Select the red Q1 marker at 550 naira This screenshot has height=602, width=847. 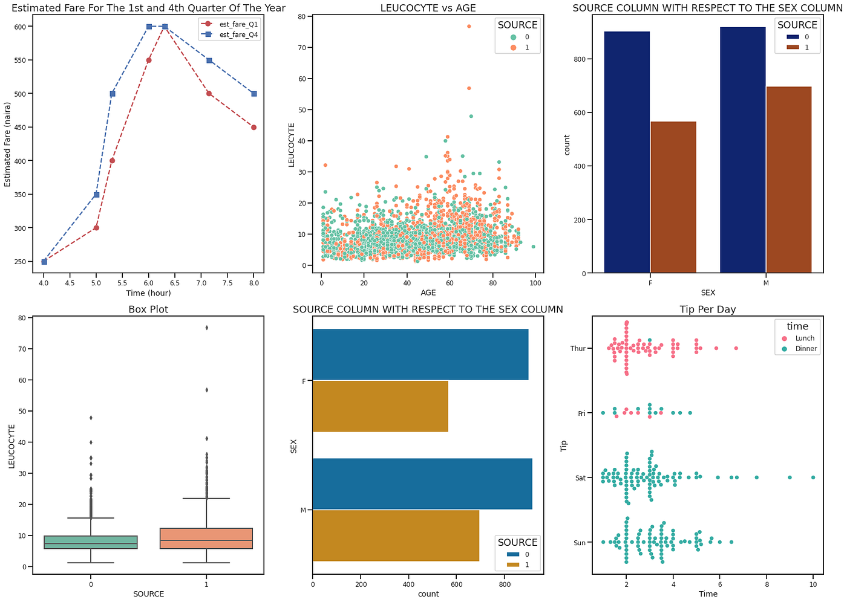[149, 60]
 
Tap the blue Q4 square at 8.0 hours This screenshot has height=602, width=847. [254, 94]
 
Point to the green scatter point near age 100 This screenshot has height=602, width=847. [533, 247]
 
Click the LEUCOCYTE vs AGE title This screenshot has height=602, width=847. [428, 8]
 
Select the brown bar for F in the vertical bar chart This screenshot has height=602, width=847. [673, 197]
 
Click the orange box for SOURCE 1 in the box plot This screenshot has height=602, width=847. [206, 539]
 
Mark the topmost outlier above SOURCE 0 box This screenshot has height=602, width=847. [91, 418]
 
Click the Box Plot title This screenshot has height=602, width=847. [148, 309]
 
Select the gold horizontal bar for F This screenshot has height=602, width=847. [380, 406]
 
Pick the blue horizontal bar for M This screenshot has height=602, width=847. [422, 484]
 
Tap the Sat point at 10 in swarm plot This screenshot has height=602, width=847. [813, 477]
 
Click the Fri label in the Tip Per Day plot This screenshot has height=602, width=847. [581, 413]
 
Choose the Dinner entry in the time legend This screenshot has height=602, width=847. [805, 349]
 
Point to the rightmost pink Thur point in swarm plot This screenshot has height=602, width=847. [736, 348]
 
